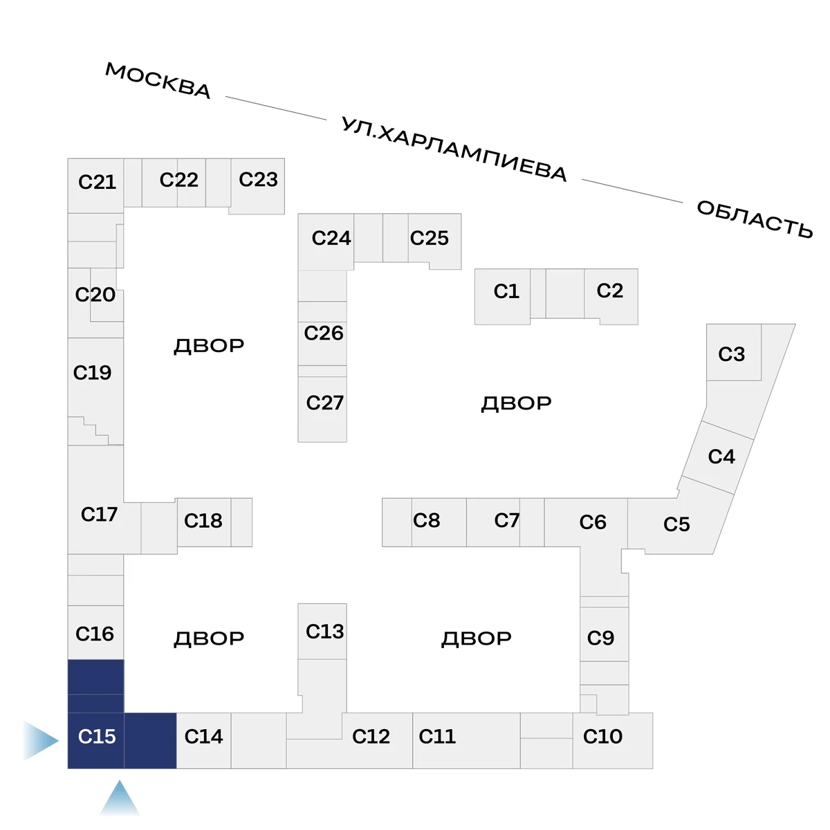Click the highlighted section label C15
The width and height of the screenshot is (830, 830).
click(97, 737)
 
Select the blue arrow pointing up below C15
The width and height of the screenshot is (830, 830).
click(120, 798)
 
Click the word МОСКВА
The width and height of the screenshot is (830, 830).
click(158, 80)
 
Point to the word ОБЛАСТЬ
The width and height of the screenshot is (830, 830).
click(755, 219)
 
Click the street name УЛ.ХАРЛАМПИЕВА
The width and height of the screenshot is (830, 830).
click(454, 149)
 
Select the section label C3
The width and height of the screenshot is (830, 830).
click(731, 354)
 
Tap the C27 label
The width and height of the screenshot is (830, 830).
click(324, 403)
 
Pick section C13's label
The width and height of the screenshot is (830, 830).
click(324, 631)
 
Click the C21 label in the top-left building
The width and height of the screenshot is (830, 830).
click(97, 182)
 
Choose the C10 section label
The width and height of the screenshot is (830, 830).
click(602, 737)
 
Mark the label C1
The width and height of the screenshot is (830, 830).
click(506, 291)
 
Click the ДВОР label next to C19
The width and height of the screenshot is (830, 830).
click(209, 345)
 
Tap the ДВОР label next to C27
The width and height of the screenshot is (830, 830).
click(516, 403)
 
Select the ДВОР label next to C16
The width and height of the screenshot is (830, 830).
click(209, 638)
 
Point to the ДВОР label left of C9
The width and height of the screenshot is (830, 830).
click(477, 638)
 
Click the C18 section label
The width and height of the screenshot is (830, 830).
click(203, 520)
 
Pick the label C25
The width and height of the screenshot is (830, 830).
click(429, 238)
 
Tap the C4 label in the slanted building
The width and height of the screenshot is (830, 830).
click(721, 456)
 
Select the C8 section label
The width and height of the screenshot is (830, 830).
click(426, 520)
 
